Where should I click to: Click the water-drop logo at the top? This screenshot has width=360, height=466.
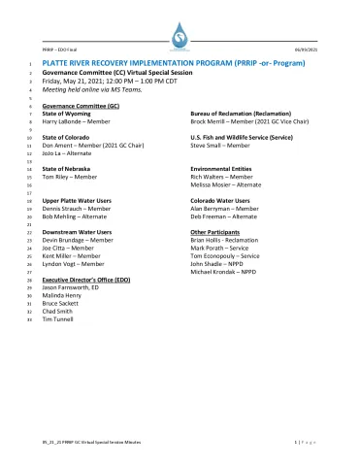pos(180,36)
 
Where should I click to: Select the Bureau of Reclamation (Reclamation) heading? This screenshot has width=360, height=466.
pos(240,114)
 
